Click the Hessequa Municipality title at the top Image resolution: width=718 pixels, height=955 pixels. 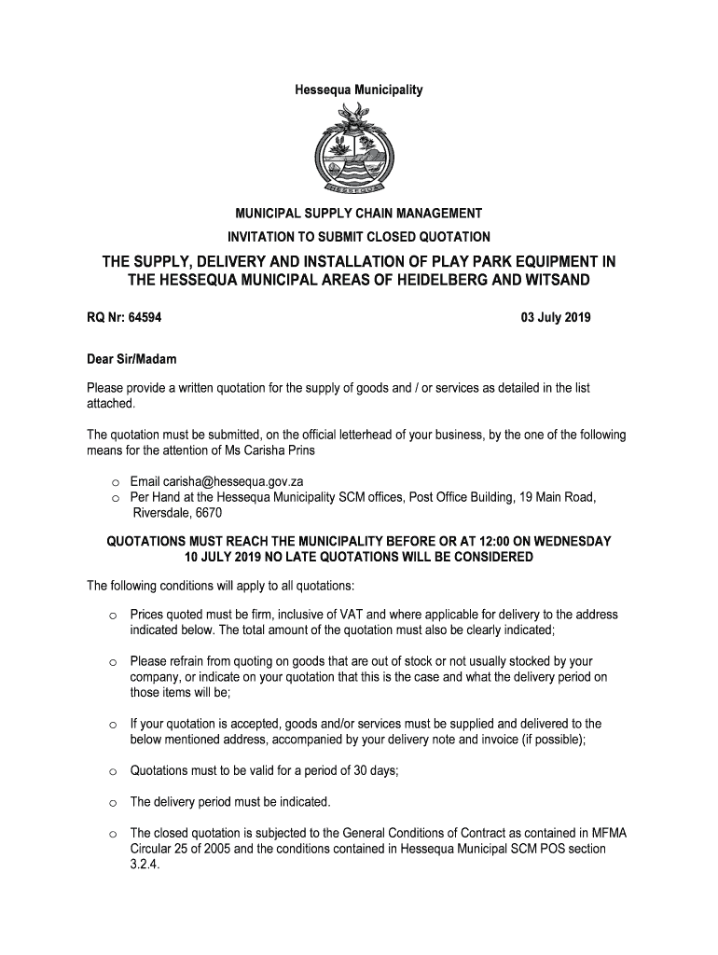pyautogui.click(x=359, y=90)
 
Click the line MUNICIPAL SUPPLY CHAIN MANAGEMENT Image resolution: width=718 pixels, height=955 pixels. pyautogui.click(x=359, y=215)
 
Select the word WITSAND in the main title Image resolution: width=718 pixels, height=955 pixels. pyautogui.click(x=556, y=280)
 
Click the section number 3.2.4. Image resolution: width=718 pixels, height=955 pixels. pyautogui.click(x=145, y=865)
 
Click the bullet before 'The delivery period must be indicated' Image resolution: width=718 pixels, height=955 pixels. pyautogui.click(x=111, y=802)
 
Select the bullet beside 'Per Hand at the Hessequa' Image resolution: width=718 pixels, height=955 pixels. pyautogui.click(x=111, y=498)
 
